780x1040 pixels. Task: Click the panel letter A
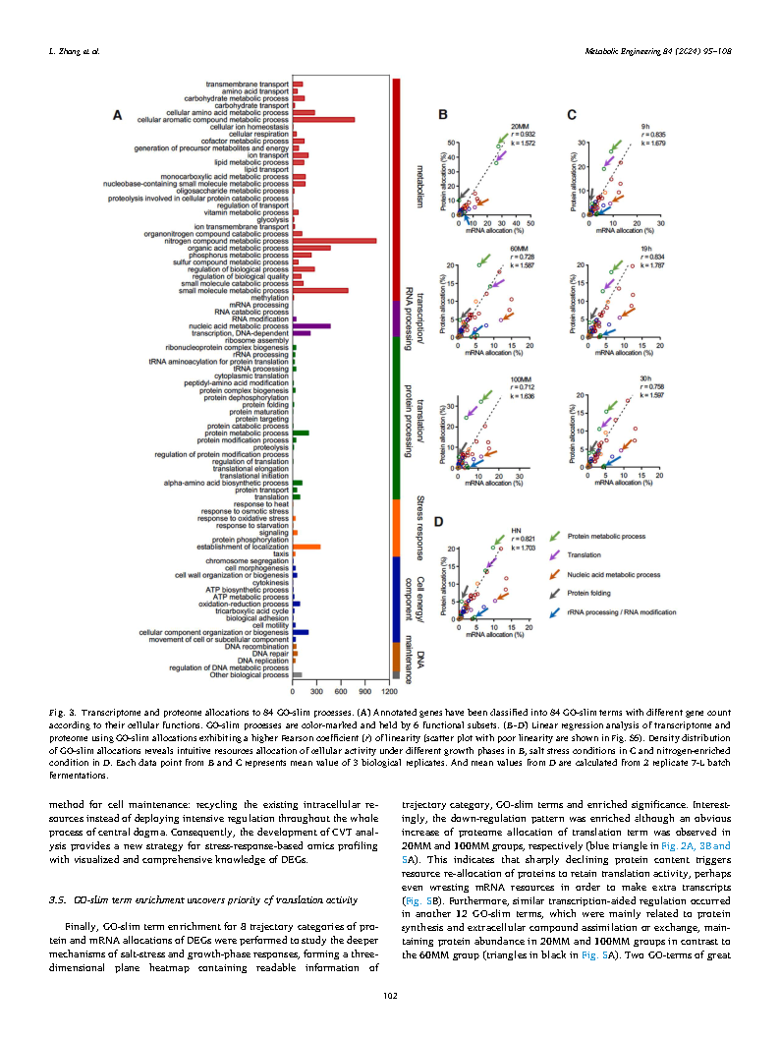[x=116, y=116]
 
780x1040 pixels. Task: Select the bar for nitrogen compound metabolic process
[x=334, y=240]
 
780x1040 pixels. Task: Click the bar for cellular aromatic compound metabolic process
[x=323, y=120]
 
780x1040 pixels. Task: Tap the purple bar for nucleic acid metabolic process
[x=311, y=325]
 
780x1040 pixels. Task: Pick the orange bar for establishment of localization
[x=306, y=547]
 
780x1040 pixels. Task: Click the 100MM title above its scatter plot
[x=521, y=379]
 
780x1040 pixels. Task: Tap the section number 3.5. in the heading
[x=58, y=899]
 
